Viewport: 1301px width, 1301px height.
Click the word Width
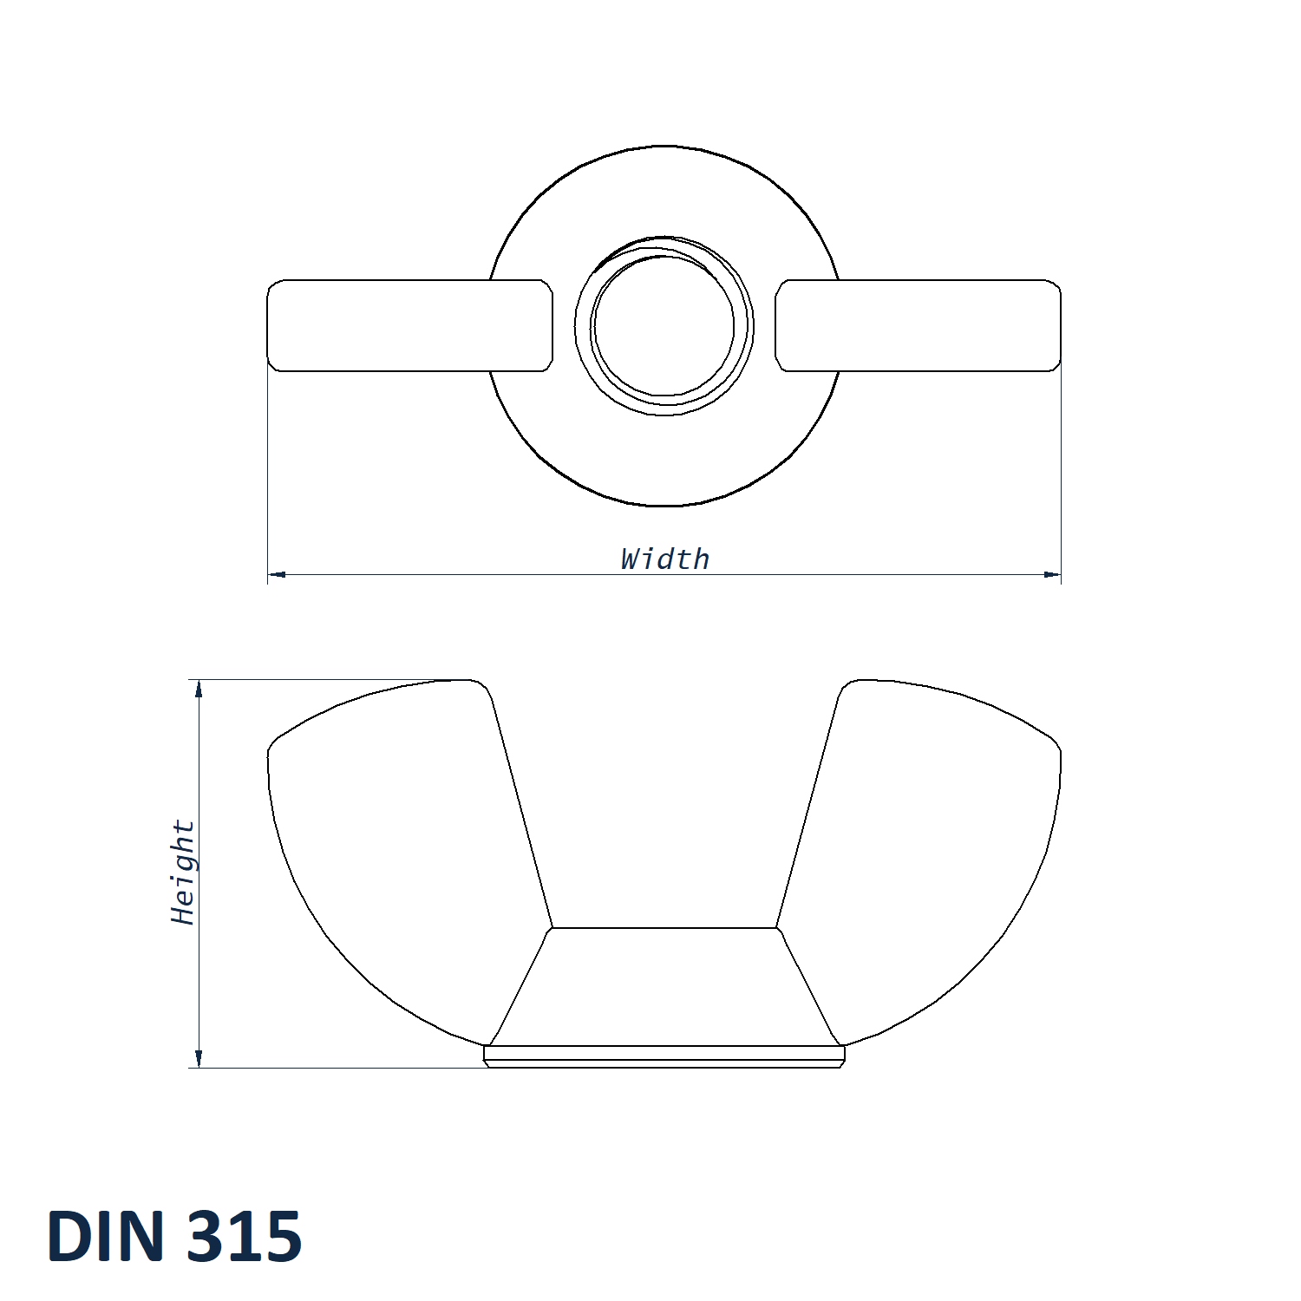click(665, 559)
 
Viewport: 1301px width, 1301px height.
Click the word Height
click(184, 872)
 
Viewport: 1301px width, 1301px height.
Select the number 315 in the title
click(244, 1235)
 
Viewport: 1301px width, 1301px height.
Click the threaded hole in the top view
click(664, 327)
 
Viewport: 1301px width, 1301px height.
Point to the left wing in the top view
click(409, 325)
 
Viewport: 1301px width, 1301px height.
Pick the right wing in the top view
click(918, 325)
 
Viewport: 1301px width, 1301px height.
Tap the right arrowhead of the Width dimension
click(1052, 574)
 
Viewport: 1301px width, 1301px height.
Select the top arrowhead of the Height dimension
click(199, 689)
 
